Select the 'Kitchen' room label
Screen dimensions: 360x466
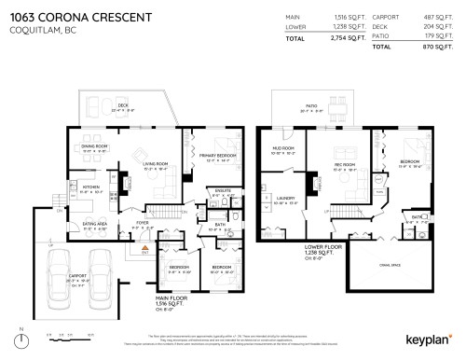tap(91, 188)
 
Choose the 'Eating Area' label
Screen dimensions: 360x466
tap(94, 225)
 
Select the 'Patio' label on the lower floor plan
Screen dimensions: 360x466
tap(310, 107)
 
